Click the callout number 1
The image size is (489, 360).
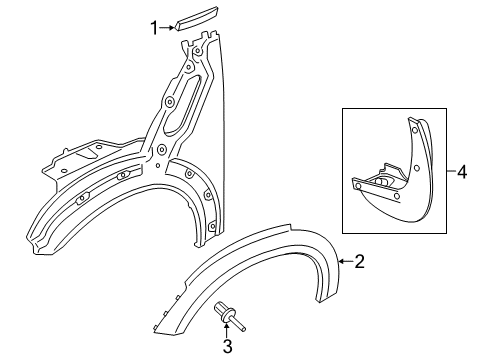point(155,28)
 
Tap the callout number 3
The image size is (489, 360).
point(228,346)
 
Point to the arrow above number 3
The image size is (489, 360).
point(228,331)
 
